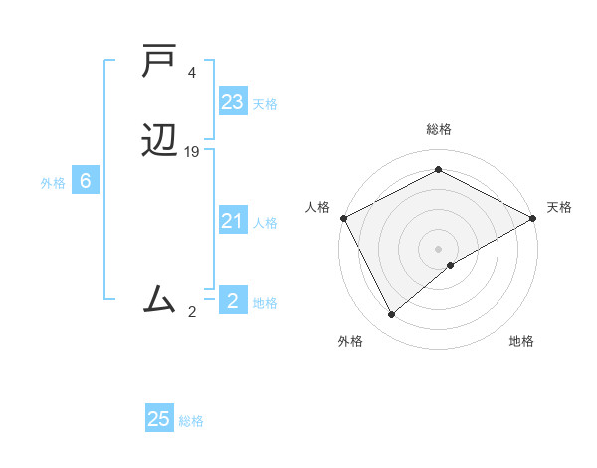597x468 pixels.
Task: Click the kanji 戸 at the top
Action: click(160, 63)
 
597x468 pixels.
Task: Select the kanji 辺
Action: click(160, 141)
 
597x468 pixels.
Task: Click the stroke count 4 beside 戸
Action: click(192, 74)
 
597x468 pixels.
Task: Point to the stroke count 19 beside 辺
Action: click(192, 152)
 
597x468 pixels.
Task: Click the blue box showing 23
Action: click(233, 102)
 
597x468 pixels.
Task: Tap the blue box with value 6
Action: click(86, 182)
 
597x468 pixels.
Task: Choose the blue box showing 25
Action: click(159, 419)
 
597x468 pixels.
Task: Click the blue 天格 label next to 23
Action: click(265, 104)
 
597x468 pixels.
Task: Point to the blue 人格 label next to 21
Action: click(266, 223)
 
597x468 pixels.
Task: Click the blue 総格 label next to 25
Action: click(191, 421)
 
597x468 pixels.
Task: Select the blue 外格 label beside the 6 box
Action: click(53, 183)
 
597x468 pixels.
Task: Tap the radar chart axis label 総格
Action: click(438, 130)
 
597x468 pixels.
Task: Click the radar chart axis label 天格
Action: click(559, 207)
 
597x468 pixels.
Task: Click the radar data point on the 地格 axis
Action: click(451, 265)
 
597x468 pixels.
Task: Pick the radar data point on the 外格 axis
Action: click(391, 315)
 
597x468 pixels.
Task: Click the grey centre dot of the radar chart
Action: click(438, 248)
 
